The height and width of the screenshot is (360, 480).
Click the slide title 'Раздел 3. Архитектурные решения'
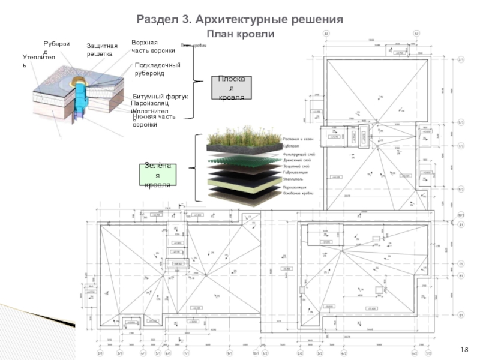240,20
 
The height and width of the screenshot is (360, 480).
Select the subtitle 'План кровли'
240,35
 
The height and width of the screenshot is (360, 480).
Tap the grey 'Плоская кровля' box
231,88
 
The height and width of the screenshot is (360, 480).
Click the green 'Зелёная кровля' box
158,175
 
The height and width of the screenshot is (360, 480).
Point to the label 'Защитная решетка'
100,50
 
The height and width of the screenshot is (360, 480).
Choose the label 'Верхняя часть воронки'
153,46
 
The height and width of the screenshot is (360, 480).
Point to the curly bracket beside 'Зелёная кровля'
196,168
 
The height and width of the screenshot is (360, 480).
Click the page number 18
465,349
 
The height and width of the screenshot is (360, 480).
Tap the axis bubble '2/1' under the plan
100,353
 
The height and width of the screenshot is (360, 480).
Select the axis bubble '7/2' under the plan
430,353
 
